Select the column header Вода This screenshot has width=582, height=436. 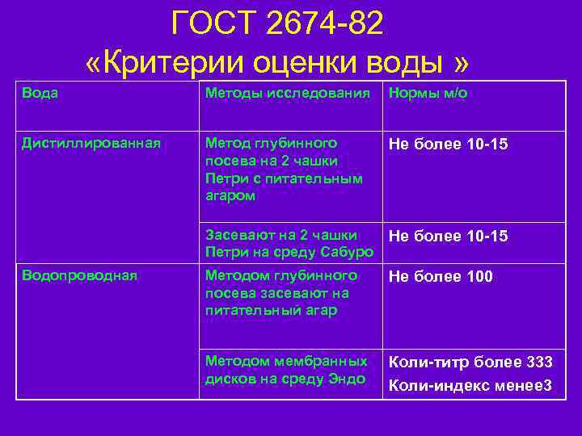(x=40, y=93)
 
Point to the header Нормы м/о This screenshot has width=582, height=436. (x=428, y=93)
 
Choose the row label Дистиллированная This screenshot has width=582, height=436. (x=91, y=143)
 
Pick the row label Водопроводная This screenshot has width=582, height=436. (x=80, y=275)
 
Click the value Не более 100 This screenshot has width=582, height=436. (x=441, y=277)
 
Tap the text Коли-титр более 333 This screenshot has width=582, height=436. (x=470, y=363)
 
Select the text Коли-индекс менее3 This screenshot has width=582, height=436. (x=470, y=385)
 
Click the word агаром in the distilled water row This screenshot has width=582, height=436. (x=230, y=195)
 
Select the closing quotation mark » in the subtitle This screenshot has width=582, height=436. (x=460, y=63)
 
